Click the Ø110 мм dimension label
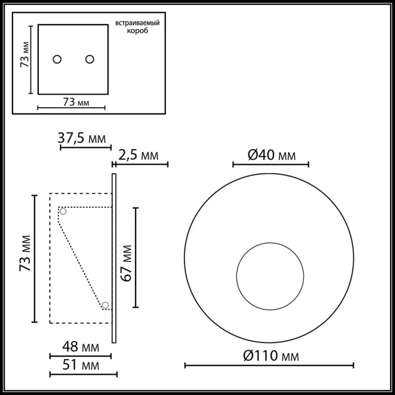(x=270, y=355)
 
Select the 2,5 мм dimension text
(x=139, y=155)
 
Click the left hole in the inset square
(x=56, y=59)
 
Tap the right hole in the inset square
(x=89, y=59)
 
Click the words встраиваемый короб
(x=138, y=27)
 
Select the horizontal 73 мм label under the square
(x=76, y=102)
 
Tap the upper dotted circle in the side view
(x=63, y=212)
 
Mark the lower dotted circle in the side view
(x=105, y=305)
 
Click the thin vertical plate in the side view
(x=114, y=258)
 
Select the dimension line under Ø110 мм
(x=269, y=365)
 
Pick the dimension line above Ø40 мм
(x=271, y=164)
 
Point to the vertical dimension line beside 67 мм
(x=135, y=257)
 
